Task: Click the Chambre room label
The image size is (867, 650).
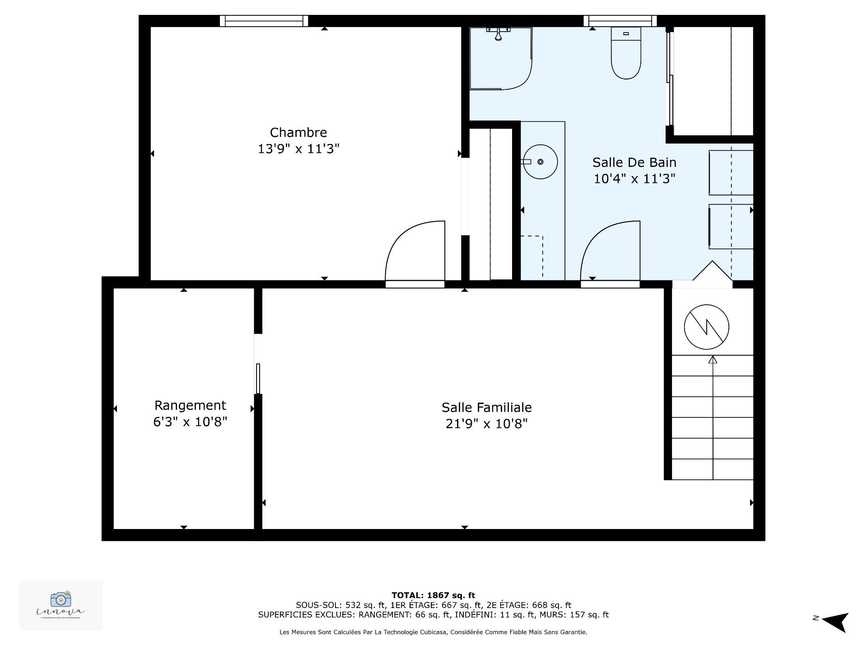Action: (x=298, y=133)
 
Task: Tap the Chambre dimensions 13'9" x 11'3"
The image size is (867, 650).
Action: (x=298, y=149)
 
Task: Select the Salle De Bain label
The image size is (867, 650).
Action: (x=634, y=162)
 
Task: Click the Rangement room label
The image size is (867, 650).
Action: (x=190, y=405)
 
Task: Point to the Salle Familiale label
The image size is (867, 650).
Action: (x=486, y=408)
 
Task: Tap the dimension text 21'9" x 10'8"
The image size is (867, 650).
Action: (x=486, y=424)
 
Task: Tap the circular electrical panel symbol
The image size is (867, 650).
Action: (x=706, y=327)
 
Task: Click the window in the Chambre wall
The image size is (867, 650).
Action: (x=264, y=21)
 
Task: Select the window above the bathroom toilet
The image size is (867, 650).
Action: (x=620, y=21)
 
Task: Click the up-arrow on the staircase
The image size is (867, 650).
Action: (x=713, y=360)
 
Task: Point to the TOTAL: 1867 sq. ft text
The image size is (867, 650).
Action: (x=433, y=595)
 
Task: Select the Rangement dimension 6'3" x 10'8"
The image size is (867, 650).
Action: (x=190, y=422)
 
